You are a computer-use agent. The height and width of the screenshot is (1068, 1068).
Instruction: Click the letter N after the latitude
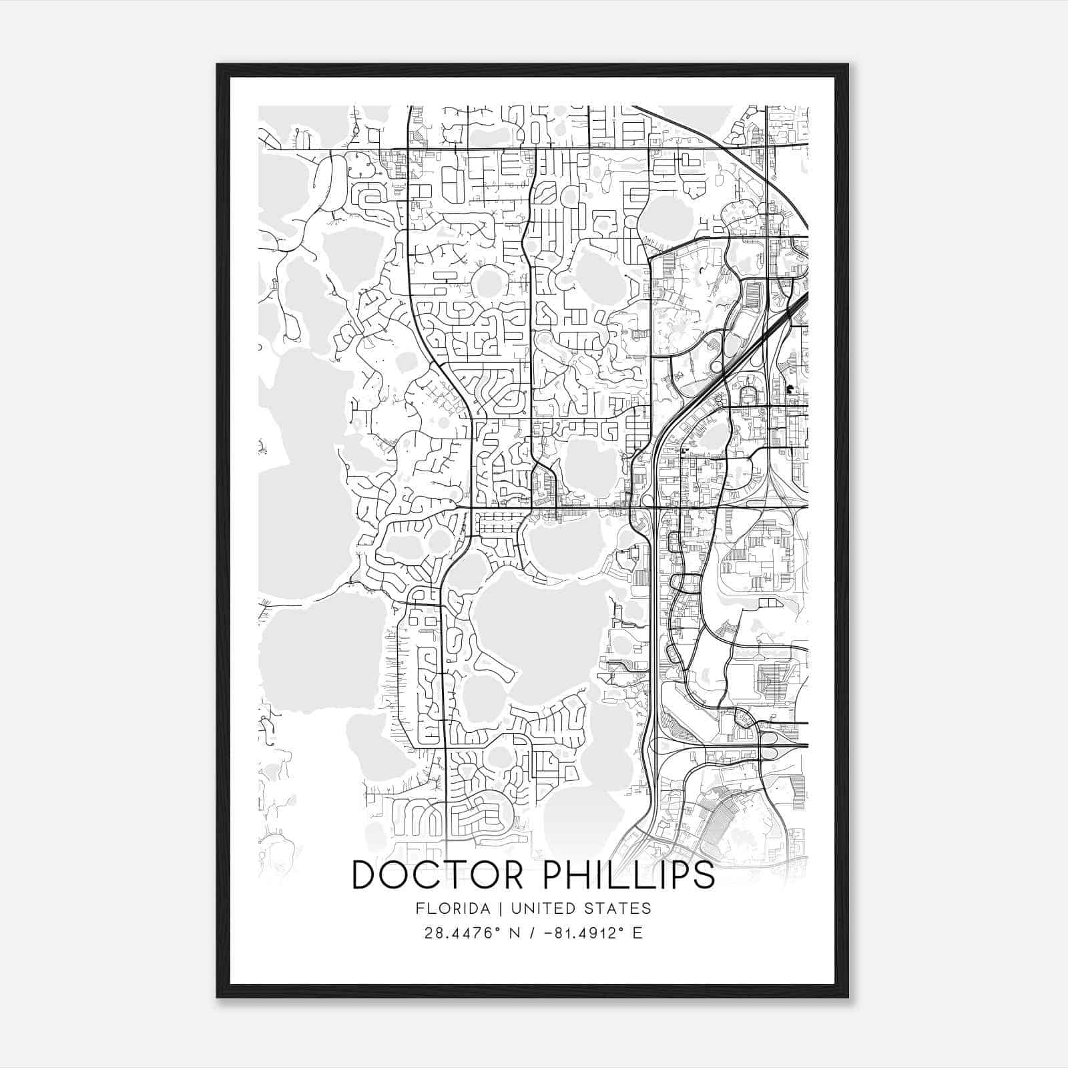[x=515, y=933]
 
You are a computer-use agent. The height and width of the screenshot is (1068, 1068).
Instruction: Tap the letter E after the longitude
[x=637, y=933]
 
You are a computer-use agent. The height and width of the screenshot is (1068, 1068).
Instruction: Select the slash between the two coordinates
[x=531, y=933]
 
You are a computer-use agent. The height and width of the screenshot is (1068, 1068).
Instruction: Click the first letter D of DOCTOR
[x=364, y=876]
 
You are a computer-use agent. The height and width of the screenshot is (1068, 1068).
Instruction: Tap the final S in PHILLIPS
[x=704, y=876]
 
